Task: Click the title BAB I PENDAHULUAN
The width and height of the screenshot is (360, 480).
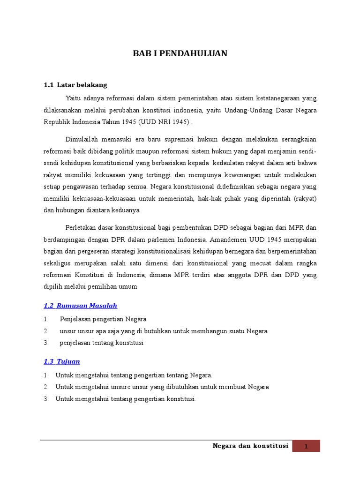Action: tap(180, 53)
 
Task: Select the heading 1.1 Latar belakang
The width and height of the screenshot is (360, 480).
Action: tap(75, 85)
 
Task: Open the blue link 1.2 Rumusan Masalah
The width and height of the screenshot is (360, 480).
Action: tap(80, 306)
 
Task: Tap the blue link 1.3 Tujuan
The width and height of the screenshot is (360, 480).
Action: tap(61, 361)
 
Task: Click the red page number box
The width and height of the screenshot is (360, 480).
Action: tap(306, 446)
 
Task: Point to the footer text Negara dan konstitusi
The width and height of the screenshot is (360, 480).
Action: tap(250, 446)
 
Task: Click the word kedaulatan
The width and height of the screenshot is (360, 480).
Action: tap(229, 162)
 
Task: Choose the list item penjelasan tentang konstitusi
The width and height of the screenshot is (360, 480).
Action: tap(101, 343)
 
